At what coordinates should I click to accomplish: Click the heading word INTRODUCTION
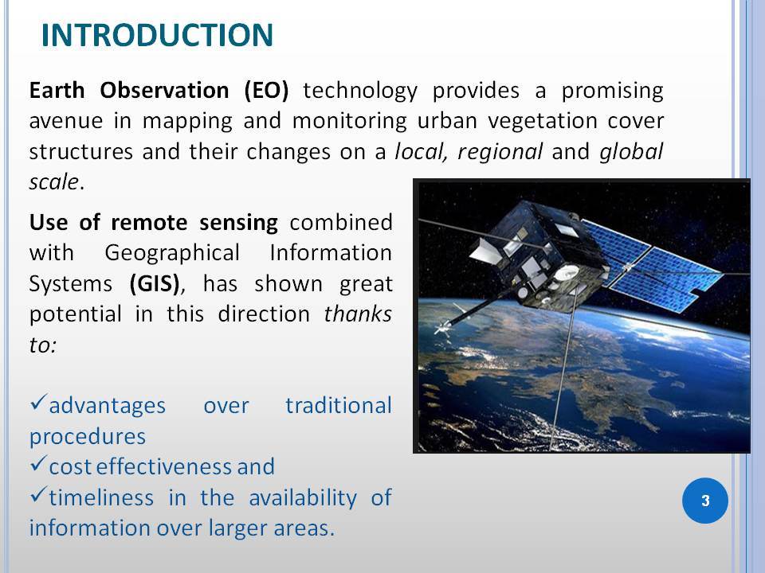pyautogui.click(x=157, y=35)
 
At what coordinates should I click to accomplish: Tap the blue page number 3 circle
pyautogui.click(x=705, y=501)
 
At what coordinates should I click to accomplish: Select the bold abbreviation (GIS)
pyautogui.click(x=155, y=284)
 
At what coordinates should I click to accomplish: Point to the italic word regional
pyautogui.click(x=500, y=151)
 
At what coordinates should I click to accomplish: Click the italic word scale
pyautogui.click(x=53, y=182)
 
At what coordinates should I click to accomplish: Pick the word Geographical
pyautogui.click(x=172, y=253)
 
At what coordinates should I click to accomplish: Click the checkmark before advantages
pyautogui.click(x=38, y=402)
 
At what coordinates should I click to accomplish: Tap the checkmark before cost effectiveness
pyautogui.click(x=38, y=463)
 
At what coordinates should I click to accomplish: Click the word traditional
pyautogui.click(x=339, y=405)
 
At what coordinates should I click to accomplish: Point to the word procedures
pyautogui.click(x=88, y=437)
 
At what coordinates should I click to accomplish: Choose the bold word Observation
pyautogui.click(x=164, y=91)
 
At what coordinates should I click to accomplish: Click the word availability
pyautogui.click(x=303, y=498)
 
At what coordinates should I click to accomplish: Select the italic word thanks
pyautogui.click(x=358, y=314)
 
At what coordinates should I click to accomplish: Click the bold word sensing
pyautogui.click(x=238, y=223)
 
